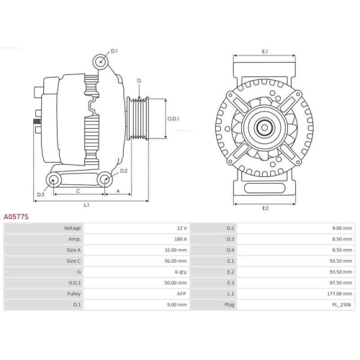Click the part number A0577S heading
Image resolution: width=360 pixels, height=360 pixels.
(x=16, y=215)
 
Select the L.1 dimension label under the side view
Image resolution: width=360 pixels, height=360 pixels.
(x=86, y=204)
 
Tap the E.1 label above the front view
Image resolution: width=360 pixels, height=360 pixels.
(x=265, y=52)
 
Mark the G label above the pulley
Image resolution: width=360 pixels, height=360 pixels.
(x=139, y=81)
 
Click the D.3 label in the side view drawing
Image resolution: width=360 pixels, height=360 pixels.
(x=40, y=194)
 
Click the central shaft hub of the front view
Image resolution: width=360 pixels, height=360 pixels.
(x=264, y=128)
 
